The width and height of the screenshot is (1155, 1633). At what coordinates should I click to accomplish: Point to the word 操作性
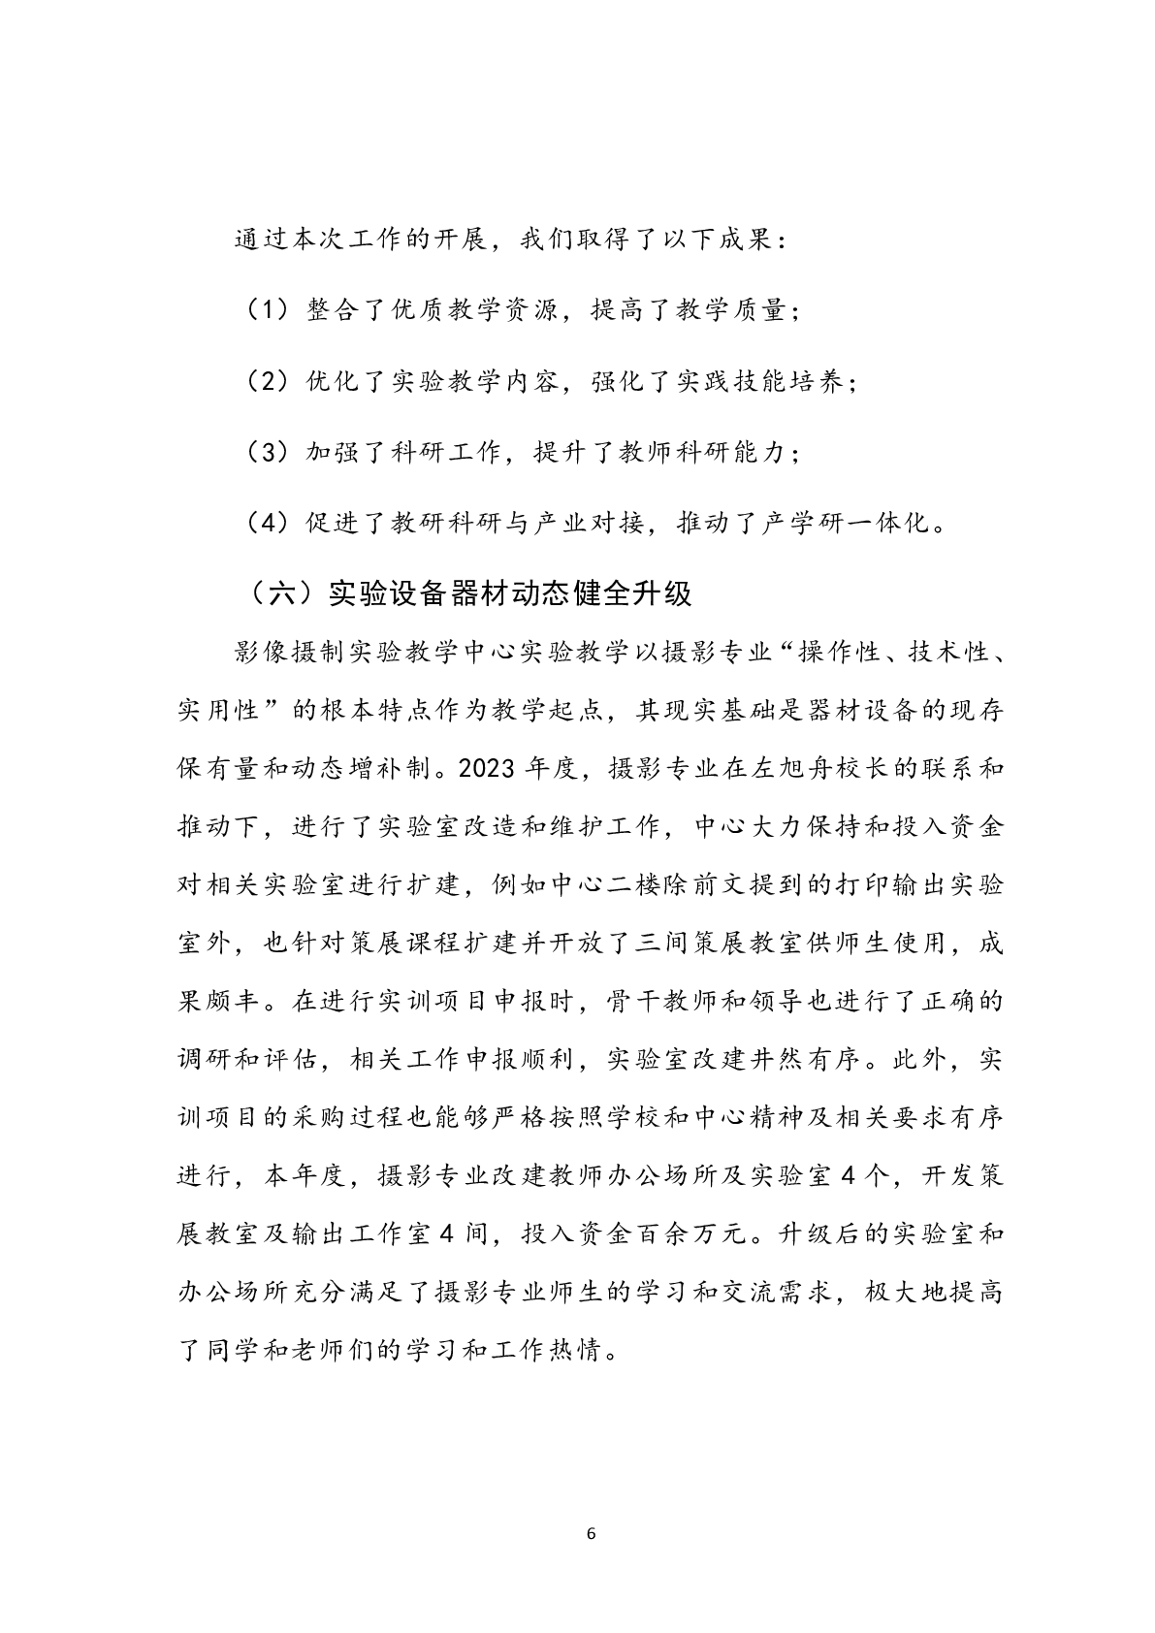[x=830, y=652]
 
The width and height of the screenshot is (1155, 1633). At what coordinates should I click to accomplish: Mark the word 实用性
[x=219, y=710]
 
